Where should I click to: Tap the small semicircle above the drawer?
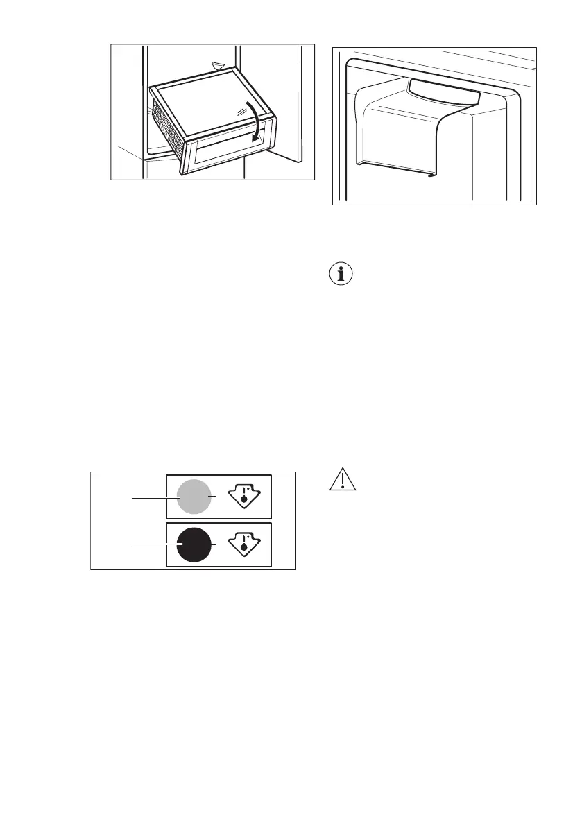[x=219, y=66]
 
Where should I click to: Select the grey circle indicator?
[x=194, y=497]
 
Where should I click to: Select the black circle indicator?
[x=194, y=545]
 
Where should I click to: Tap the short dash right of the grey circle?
[x=216, y=497]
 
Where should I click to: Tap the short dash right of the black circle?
[x=216, y=545]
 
